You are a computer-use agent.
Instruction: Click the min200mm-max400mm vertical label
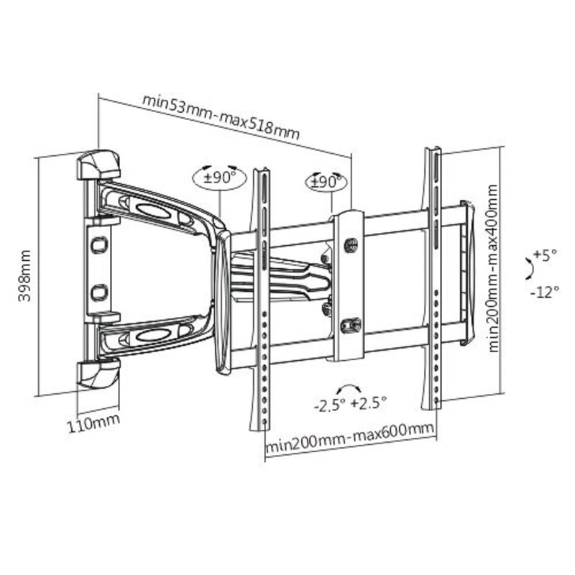[494, 267]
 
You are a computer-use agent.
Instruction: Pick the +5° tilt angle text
[547, 255]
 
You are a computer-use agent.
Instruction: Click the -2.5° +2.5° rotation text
[351, 403]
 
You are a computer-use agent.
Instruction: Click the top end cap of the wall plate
[98, 165]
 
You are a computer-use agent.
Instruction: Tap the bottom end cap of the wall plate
[98, 374]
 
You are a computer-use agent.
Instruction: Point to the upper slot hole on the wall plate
[98, 244]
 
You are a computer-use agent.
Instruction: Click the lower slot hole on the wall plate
[99, 293]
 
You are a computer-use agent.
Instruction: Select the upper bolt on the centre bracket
[351, 245]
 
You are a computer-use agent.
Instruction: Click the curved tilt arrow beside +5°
[530, 270]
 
